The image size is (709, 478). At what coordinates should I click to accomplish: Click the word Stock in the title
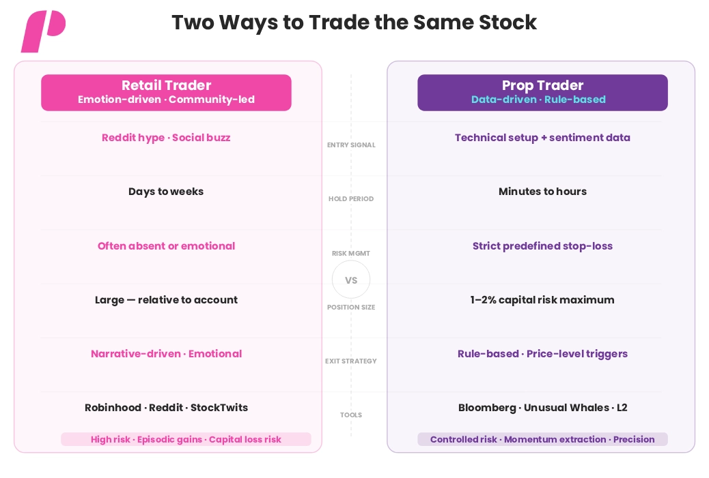[508, 23]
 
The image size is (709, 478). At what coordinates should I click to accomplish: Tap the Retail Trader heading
[166, 85]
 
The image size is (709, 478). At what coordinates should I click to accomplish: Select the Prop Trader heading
[542, 85]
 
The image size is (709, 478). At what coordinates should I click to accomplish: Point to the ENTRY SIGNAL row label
[351, 145]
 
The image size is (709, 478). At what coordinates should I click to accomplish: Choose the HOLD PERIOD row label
[351, 198]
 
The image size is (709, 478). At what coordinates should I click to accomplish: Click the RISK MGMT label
[351, 253]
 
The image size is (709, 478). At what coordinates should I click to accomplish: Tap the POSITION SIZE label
[351, 307]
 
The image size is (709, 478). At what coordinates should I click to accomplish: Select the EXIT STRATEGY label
[351, 361]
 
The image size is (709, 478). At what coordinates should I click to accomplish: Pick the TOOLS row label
[351, 415]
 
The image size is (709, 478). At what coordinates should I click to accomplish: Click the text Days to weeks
[166, 192]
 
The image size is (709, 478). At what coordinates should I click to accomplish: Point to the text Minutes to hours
[542, 192]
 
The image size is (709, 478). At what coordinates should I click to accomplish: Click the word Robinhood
[113, 408]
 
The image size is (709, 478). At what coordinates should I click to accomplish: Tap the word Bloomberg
[487, 408]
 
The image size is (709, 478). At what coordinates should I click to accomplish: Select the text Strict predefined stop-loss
[542, 246]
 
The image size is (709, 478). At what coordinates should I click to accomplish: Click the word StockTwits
[219, 408]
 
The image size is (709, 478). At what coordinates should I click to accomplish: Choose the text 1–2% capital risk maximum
[542, 300]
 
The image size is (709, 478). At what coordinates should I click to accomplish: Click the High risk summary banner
[186, 439]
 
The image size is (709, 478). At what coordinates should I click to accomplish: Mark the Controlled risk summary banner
[542, 439]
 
